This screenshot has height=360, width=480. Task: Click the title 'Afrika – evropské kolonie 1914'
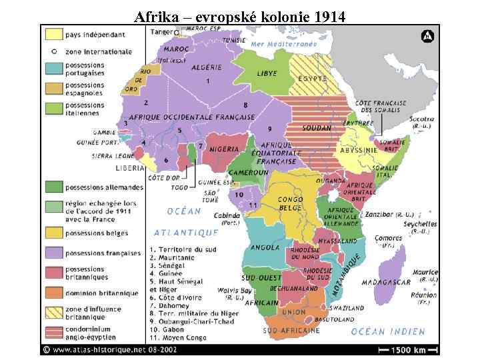coord(239,17)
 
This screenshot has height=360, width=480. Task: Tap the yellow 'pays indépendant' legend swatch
coord(54,33)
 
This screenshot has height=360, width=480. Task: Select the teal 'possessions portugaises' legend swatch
coord(54,69)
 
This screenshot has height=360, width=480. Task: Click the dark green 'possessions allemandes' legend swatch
coord(54,187)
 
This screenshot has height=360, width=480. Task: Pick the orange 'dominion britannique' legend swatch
coord(54,293)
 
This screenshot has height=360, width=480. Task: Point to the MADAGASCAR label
coord(386,282)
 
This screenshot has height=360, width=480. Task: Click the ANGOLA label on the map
coord(265,247)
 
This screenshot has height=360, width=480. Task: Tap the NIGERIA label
coord(224,149)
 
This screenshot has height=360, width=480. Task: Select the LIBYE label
coord(267,72)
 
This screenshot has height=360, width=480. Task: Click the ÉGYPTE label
coord(312,78)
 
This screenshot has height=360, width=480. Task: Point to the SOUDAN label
coord(317,128)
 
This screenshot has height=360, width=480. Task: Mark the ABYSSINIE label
coord(359,151)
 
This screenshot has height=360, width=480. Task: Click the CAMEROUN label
coord(249,173)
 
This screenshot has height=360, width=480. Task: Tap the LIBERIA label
coord(130,168)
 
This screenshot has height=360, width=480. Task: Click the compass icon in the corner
coord(427,36)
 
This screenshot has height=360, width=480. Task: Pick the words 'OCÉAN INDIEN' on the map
coord(388,331)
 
